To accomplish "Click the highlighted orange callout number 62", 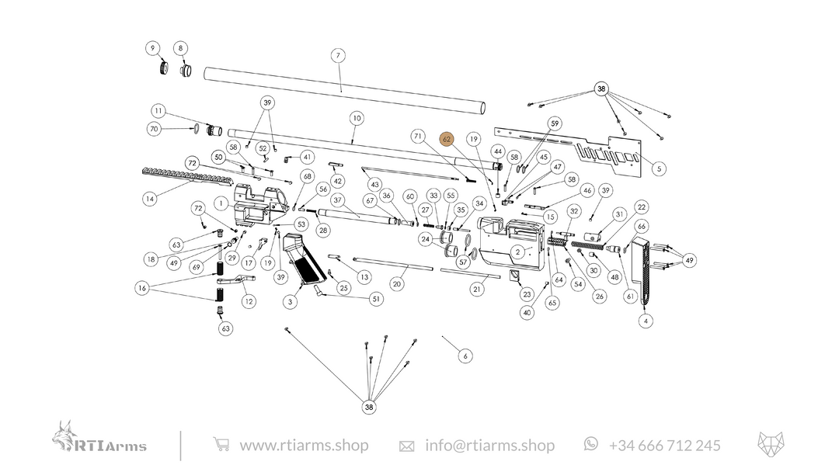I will click(x=447, y=139).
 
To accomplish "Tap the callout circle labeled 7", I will click(x=337, y=56).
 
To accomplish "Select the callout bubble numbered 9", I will click(x=153, y=48).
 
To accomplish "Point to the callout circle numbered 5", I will click(x=659, y=168).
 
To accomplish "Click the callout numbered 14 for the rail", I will click(x=149, y=200).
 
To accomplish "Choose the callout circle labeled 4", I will click(x=646, y=321).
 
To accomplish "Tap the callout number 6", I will click(x=465, y=356).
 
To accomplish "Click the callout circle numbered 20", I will click(x=397, y=284).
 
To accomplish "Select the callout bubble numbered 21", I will click(x=477, y=289).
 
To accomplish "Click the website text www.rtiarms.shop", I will click(x=304, y=446).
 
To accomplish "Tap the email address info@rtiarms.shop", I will click(x=489, y=446).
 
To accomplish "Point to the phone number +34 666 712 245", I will click(x=664, y=446).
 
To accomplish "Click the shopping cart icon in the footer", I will click(x=221, y=445).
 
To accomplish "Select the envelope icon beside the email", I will click(x=406, y=446).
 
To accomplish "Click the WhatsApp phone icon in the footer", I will click(x=591, y=443).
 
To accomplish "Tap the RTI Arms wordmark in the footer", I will click(x=110, y=446).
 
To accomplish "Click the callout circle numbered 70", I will click(x=154, y=129).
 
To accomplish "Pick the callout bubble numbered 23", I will click(x=527, y=295).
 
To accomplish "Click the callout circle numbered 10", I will click(x=357, y=119).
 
